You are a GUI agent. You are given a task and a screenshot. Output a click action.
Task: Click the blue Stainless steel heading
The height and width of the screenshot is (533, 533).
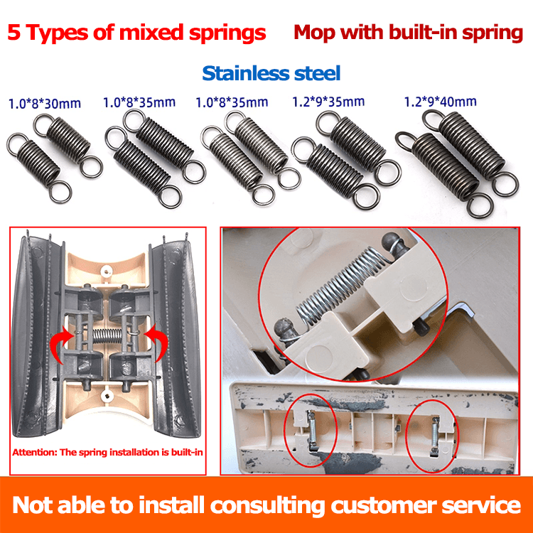click(271, 72)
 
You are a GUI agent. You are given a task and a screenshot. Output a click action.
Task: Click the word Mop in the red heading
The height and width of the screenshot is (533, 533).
click(316, 33)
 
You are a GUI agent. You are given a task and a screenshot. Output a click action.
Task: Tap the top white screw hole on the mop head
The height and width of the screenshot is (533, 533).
click(107, 270)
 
